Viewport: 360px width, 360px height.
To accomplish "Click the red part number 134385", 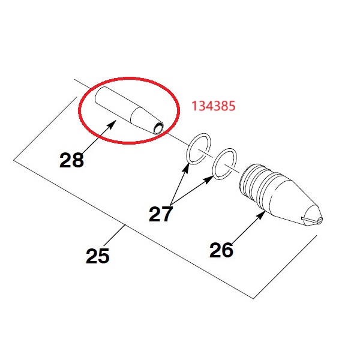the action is click(x=213, y=106).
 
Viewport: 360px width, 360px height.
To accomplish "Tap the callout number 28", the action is click(x=71, y=160).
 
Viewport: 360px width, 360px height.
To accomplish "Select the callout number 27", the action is click(x=160, y=214).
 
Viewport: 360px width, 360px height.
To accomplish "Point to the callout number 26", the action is click(x=221, y=250).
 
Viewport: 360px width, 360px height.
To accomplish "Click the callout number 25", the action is click(x=98, y=256).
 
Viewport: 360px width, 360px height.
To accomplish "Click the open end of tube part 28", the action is click(x=158, y=128).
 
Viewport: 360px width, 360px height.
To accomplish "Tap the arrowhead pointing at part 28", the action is click(x=111, y=125).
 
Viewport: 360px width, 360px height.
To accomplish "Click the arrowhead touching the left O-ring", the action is click(x=186, y=167).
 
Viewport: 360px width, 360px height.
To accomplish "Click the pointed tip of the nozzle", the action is click(x=322, y=218).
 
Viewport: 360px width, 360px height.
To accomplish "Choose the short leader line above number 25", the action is click(x=114, y=235).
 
